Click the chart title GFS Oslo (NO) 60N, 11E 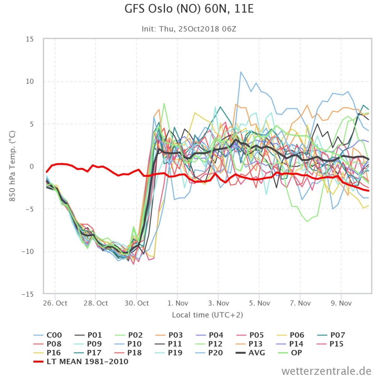[x=189, y=9]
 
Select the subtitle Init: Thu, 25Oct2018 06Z [x=189, y=29]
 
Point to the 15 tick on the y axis [x=30, y=39]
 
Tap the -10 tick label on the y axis [x=27, y=251]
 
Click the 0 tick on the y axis [x=32, y=166]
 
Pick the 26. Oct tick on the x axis [x=55, y=303]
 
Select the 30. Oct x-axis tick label [x=137, y=303]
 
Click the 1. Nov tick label [x=178, y=303]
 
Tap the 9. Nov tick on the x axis [x=341, y=303]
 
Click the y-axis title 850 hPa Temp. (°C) [x=12, y=166]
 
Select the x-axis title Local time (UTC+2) [x=207, y=315]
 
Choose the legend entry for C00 [x=48, y=335]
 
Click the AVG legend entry [x=250, y=353]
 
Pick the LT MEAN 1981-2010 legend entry [x=81, y=362]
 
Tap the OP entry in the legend [x=289, y=353]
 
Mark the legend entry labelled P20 [x=209, y=353]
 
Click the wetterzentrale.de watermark [x=326, y=371]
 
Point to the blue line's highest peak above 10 [x=241, y=72]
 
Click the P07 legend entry [x=330, y=335]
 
